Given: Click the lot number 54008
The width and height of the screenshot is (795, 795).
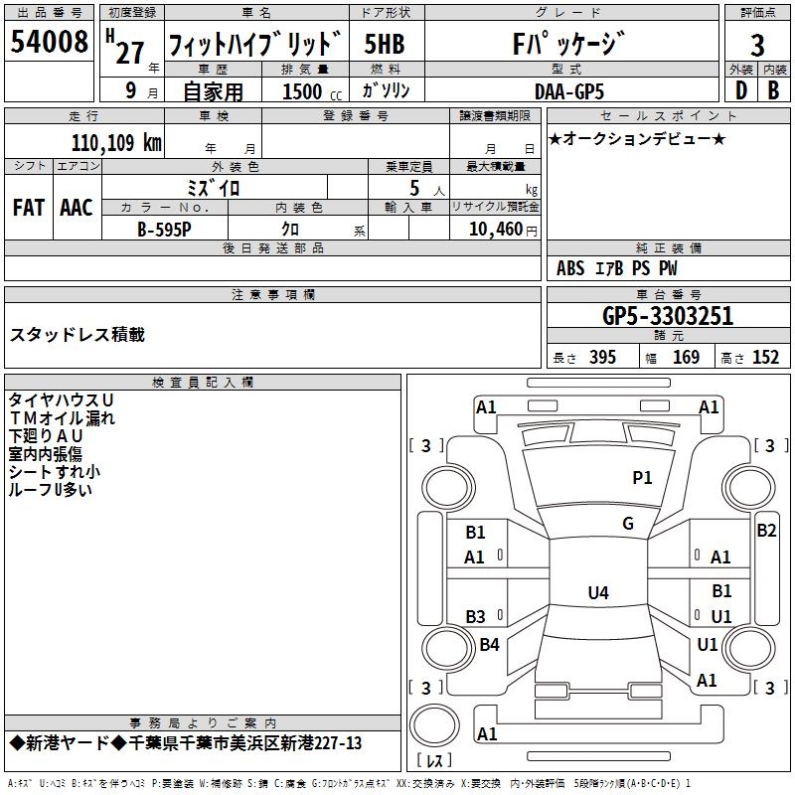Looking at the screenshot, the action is click(49, 41).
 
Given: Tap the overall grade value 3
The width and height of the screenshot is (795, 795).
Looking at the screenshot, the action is click(757, 45).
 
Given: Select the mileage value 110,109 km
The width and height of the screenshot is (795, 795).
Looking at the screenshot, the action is click(116, 143).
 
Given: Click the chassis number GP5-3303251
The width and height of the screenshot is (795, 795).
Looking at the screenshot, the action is click(668, 316).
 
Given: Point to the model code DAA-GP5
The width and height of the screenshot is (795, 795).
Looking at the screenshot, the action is click(569, 91).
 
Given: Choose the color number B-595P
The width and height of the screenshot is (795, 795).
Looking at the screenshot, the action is click(164, 230).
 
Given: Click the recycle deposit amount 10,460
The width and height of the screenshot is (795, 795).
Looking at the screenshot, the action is click(496, 230).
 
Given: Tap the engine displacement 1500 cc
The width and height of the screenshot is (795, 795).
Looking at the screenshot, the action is click(312, 91).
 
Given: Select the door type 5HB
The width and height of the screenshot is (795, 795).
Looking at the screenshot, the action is click(385, 44).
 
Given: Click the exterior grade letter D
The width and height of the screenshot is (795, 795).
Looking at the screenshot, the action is click(741, 90).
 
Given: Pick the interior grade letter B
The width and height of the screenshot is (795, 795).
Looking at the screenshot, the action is click(774, 90).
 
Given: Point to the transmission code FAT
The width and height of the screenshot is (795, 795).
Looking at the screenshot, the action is click(29, 208).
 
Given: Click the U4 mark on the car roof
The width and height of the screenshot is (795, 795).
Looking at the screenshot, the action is click(598, 592).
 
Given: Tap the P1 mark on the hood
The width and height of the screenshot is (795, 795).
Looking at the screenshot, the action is click(642, 477).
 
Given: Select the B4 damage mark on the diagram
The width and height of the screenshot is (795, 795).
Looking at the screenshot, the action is click(489, 644).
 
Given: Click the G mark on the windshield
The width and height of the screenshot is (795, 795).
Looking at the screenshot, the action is click(628, 524).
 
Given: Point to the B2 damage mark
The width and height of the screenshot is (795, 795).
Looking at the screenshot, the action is click(766, 531).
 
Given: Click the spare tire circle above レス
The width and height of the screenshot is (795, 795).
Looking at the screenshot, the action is click(434, 725).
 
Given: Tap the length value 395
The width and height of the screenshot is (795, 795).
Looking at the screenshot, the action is click(602, 358).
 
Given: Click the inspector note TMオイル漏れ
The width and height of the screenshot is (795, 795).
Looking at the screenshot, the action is click(62, 418).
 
